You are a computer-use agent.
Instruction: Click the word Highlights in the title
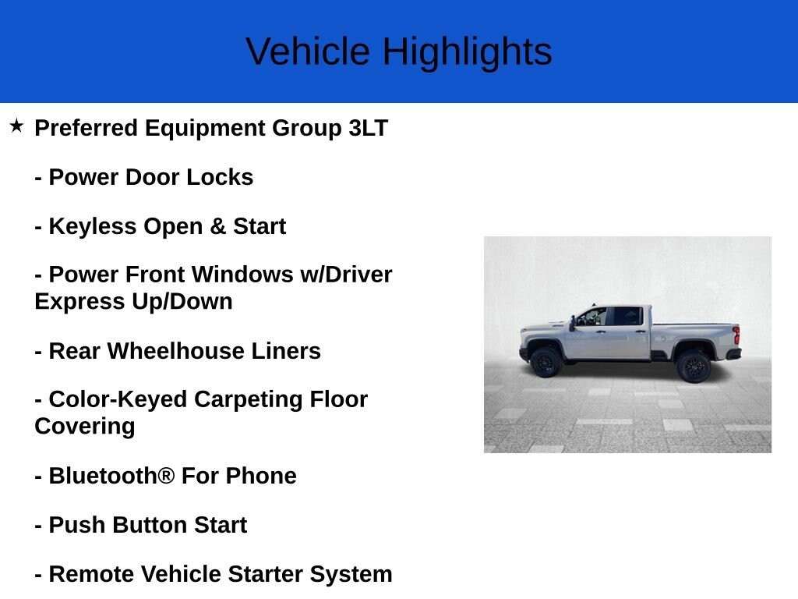coord(467,52)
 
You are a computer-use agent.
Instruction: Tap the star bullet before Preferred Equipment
coord(16,126)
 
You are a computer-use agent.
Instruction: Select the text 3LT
coord(368,128)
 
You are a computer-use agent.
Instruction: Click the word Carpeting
coord(249,399)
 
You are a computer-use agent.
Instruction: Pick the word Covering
coord(84,426)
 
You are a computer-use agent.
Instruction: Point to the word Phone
coord(261,476)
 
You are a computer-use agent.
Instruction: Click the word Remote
coord(91,574)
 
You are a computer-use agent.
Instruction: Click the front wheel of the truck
coord(545,363)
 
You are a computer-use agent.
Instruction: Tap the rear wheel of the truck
coord(693,366)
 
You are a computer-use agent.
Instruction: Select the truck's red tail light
coord(736,335)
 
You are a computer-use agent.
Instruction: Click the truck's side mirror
coord(573,322)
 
